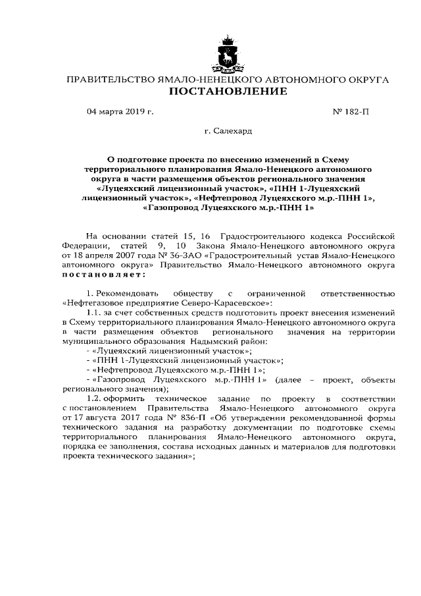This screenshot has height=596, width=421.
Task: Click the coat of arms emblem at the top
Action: pyautogui.click(x=228, y=51)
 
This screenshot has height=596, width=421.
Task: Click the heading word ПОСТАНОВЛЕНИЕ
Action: pyautogui.click(x=228, y=92)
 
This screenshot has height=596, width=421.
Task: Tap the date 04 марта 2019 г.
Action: pyautogui.click(x=120, y=112)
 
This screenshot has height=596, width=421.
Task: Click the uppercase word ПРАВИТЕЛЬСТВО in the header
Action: pyautogui.click(x=107, y=80)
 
